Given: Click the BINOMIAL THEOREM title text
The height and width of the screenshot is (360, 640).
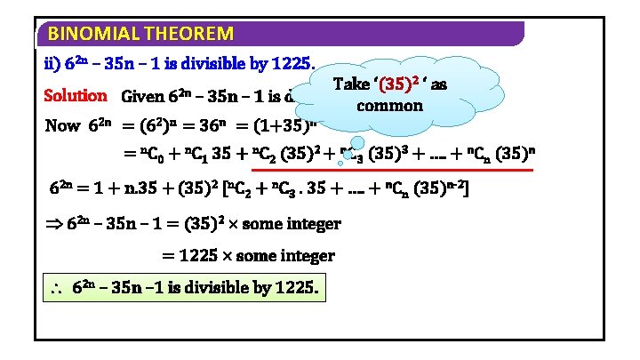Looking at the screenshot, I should [140, 35].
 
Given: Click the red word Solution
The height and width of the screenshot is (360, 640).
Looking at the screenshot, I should [76, 95].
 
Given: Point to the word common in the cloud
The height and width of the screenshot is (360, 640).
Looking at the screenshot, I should [388, 105].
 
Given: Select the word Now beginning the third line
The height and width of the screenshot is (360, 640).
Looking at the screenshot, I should [63, 125].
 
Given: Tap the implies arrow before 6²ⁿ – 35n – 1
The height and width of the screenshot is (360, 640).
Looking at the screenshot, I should [54, 223].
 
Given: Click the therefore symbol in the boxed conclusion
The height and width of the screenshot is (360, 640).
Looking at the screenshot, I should [55, 290].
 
